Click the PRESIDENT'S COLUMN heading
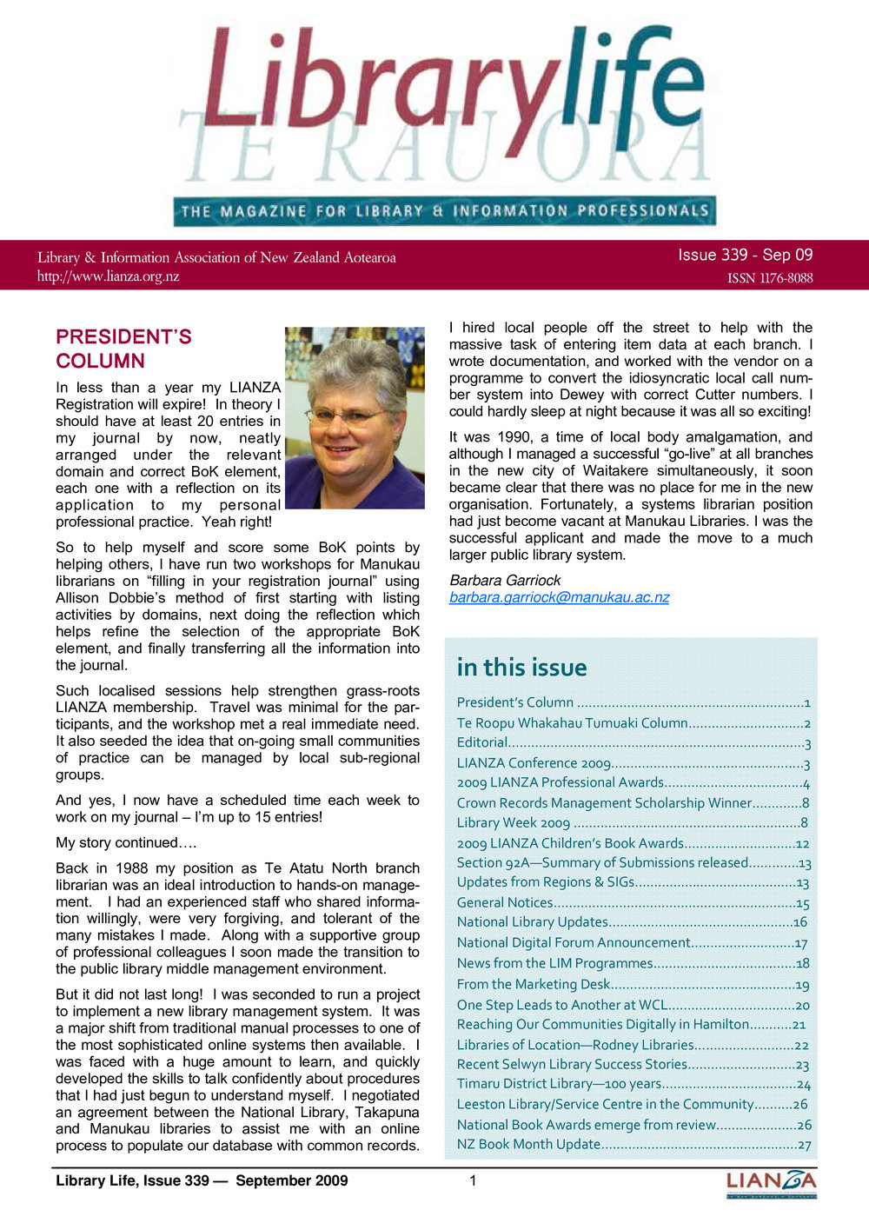point(123,349)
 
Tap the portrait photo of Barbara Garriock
point(355,417)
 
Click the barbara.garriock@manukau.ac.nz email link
point(559,597)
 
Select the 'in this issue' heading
point(521,668)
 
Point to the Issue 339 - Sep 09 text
point(746,255)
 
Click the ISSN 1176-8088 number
point(770,278)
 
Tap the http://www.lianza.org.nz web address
point(108,276)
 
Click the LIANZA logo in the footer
point(771,1182)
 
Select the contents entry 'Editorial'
point(482,742)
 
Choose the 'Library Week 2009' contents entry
point(514,822)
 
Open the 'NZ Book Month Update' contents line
point(528,1144)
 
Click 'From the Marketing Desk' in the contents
point(534,984)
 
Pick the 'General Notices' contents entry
point(505,903)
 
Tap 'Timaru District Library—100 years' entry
point(559,1084)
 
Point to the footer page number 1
point(473,1180)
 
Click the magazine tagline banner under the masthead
point(444,211)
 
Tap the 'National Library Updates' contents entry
point(532,921)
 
